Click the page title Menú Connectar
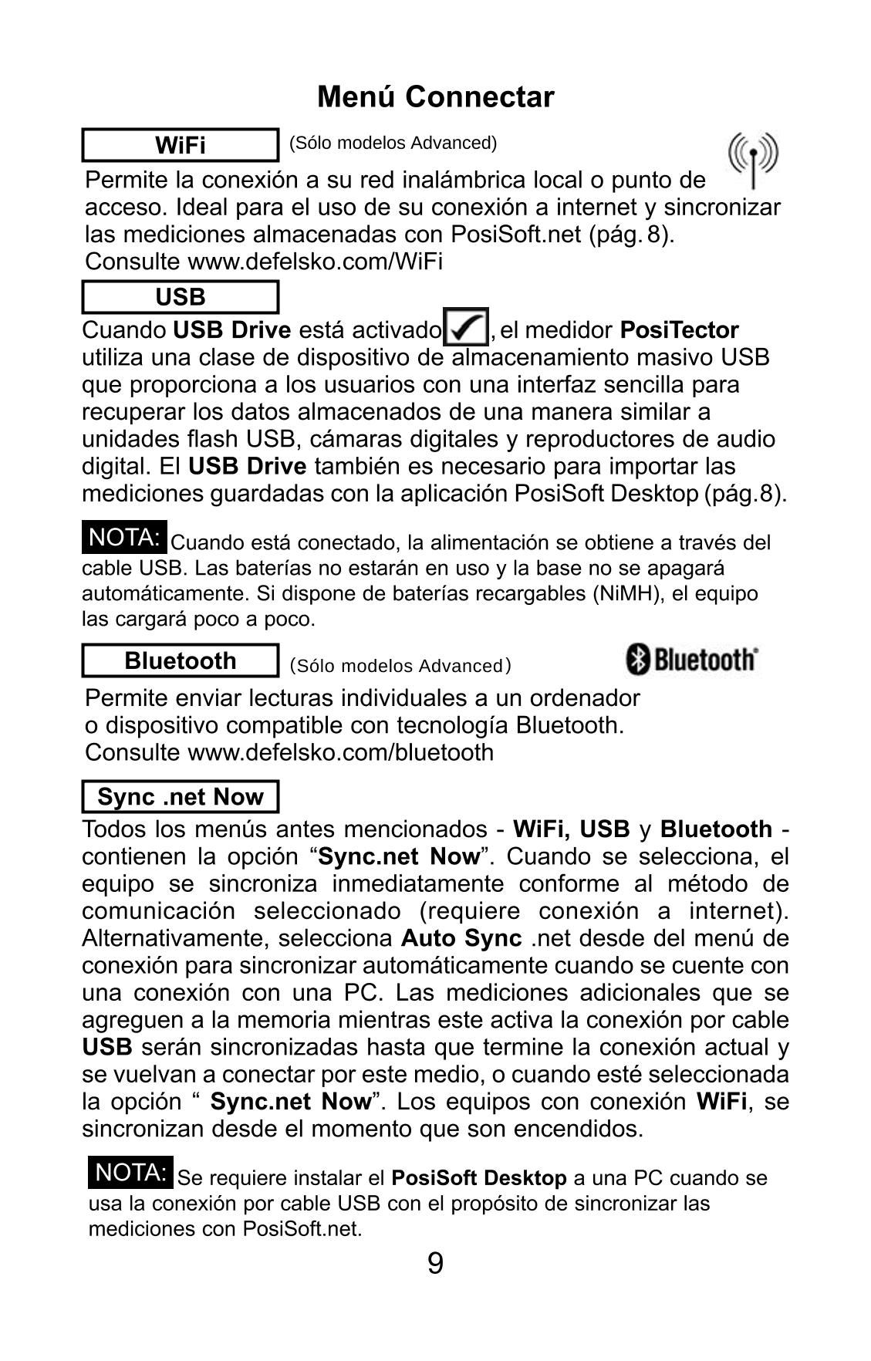coord(435,97)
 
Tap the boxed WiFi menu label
coord(180,145)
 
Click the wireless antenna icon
coord(753,158)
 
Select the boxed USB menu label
coord(180,297)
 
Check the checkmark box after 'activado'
coord(465,328)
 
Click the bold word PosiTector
coord(679,330)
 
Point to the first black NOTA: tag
coord(124,538)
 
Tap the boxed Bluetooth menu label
coord(180,661)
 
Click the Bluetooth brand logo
coord(691,660)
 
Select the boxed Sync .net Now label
coord(180,796)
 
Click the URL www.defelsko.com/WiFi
coord(315,262)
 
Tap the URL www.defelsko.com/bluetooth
coord(340,752)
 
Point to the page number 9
coord(435,1264)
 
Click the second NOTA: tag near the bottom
coord(130,1173)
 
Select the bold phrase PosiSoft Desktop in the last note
coord(479,1178)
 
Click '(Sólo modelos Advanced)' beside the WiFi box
coord(393,143)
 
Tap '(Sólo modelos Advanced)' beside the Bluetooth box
coord(400,665)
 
